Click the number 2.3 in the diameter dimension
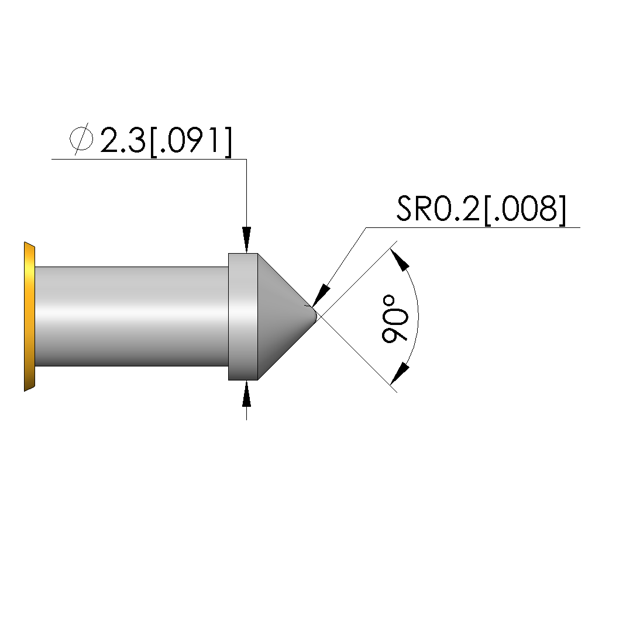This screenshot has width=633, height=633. pyautogui.click(x=122, y=140)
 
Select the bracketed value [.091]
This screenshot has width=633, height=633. pyautogui.click(x=191, y=141)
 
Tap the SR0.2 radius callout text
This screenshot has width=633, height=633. pyautogui.click(x=438, y=209)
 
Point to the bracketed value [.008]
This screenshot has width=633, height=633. pyautogui.click(x=524, y=209)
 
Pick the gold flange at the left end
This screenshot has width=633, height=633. pyautogui.click(x=29, y=317)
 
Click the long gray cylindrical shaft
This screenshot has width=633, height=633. pyautogui.click(x=132, y=317)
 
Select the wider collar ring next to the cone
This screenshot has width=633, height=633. pyautogui.click(x=243, y=317)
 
